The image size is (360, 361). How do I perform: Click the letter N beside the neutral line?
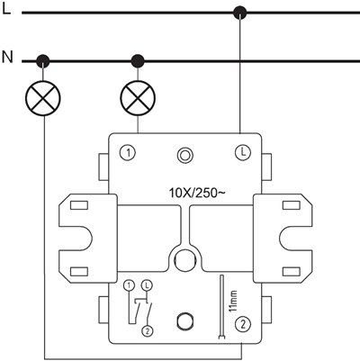coord(7,59)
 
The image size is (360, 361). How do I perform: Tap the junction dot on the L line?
coord(239,13)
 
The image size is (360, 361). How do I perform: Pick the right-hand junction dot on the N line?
coord(138,61)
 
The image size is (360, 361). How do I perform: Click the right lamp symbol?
coord(138,98)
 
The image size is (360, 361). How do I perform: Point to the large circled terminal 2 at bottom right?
coord(240,325)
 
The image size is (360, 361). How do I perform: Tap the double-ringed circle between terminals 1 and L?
coord(185,154)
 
